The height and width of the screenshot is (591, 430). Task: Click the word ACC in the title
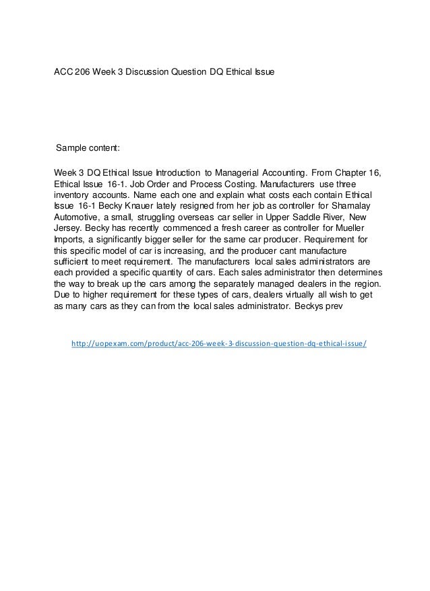coord(64,71)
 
